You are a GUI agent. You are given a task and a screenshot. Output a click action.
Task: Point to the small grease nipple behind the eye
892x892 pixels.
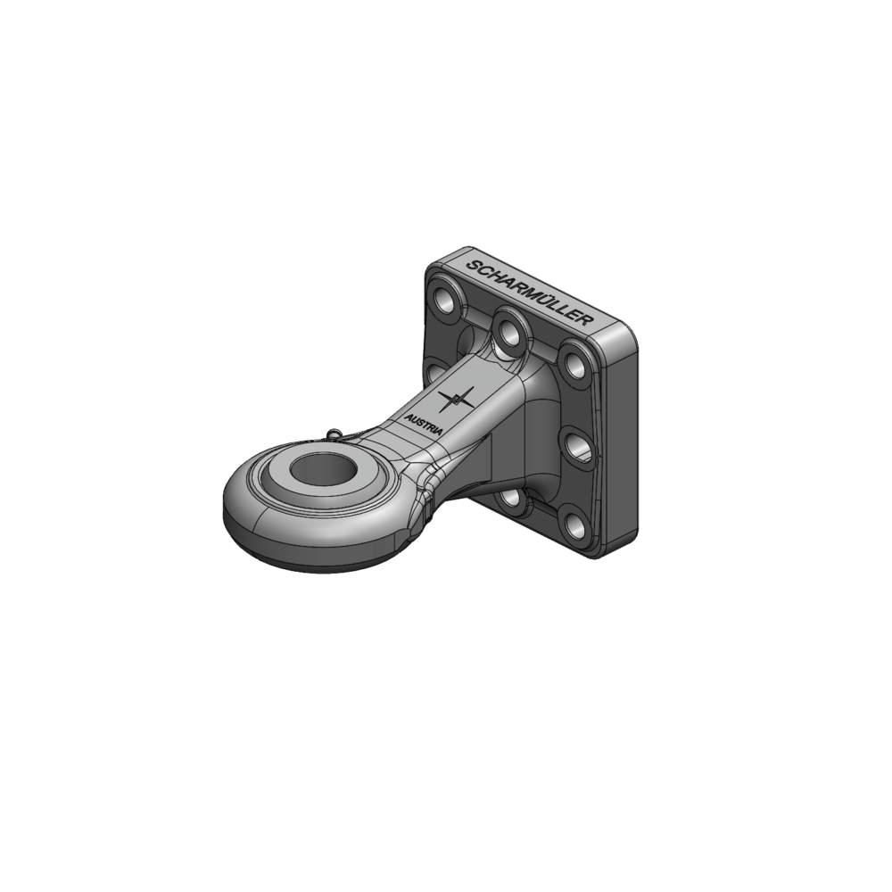pos(334,434)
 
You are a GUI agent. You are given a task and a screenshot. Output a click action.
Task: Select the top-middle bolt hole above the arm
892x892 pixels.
pos(509,332)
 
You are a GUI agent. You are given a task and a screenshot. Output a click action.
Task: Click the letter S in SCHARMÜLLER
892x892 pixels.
pos(473,265)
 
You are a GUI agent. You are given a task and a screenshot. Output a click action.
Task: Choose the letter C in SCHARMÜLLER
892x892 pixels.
pos(484,270)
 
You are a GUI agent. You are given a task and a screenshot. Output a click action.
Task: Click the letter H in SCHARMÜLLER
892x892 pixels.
pos(495,275)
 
